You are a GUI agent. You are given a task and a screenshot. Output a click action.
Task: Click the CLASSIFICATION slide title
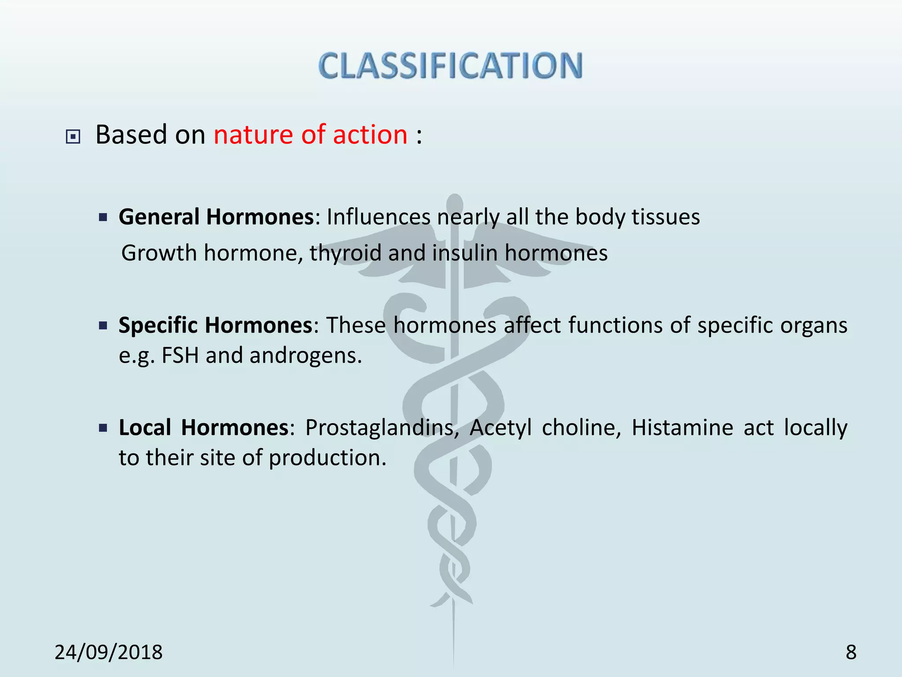(x=450, y=66)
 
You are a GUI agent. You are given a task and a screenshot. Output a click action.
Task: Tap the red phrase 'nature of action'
(x=311, y=134)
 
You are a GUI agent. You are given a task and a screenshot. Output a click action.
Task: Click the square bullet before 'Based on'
(x=73, y=137)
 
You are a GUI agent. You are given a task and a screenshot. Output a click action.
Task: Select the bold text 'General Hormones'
(x=216, y=217)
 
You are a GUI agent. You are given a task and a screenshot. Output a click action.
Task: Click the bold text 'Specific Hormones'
(x=215, y=325)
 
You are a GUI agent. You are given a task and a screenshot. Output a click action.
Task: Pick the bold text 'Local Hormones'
(x=203, y=428)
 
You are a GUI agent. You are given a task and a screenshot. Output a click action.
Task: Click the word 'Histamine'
(x=682, y=428)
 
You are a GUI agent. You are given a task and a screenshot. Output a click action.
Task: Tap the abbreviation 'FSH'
(x=180, y=355)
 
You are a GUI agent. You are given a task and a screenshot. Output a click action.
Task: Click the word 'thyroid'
(x=345, y=253)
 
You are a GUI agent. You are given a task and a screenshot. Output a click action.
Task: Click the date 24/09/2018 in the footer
(x=108, y=652)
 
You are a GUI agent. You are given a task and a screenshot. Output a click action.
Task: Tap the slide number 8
(x=851, y=652)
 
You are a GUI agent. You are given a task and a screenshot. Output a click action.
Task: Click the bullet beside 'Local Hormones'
(x=103, y=428)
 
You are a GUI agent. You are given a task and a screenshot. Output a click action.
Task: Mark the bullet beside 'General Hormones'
(x=103, y=217)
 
